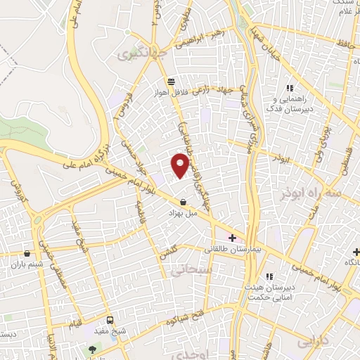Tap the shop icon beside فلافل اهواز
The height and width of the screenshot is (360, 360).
[172, 81]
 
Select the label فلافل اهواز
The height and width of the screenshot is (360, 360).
[172, 91]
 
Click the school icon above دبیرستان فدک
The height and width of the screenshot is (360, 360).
[288, 88]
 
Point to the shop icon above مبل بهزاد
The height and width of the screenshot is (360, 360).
[184, 202]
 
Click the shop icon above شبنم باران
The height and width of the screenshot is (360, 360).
[27, 253]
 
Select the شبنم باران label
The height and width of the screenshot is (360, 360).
[27, 264]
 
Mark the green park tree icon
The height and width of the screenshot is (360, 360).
[92, 349]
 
